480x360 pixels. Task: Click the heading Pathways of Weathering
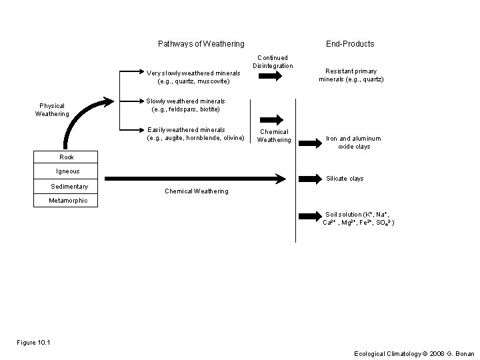click(201, 44)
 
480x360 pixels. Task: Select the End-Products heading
click(349, 44)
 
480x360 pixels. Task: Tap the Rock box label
click(67, 157)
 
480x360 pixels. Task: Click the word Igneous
click(67, 171)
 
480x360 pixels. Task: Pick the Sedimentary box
click(69, 187)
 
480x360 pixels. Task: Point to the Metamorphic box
click(68, 201)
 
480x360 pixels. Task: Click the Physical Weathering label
click(52, 109)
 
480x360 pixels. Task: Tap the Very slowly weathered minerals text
click(193, 77)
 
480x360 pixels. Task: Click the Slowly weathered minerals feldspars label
click(185, 105)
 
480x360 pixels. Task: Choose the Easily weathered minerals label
click(196, 134)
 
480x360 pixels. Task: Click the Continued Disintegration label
click(272, 62)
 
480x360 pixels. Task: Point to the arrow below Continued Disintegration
click(270, 77)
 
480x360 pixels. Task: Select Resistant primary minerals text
click(351, 75)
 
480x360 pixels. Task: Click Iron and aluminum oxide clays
click(353, 143)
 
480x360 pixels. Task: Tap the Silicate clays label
click(344, 179)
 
